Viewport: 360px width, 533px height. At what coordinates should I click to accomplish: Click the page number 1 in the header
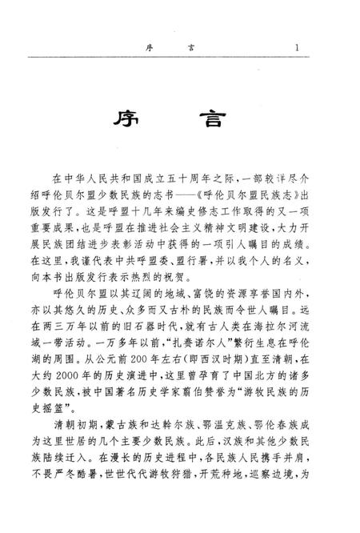tap(297, 47)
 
